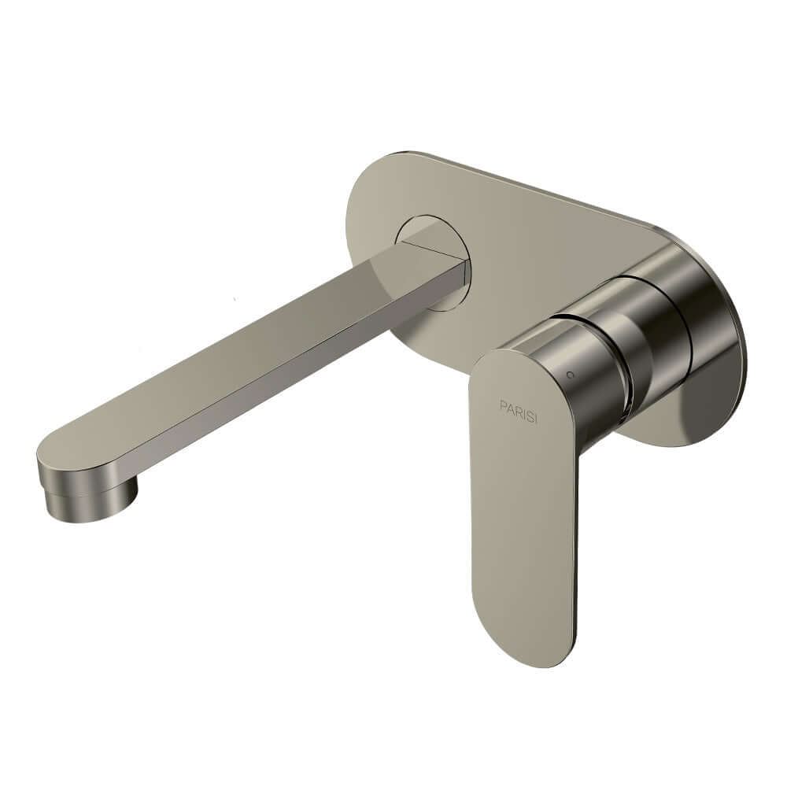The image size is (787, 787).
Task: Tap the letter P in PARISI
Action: point(503,405)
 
